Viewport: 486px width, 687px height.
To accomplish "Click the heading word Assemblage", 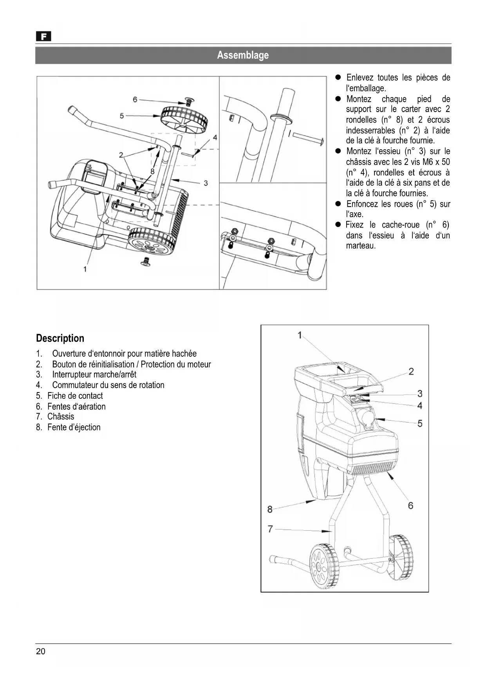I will coord(243,55).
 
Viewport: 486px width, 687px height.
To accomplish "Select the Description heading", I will coord(60,338).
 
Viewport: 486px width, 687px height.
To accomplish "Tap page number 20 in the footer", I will coord(41,651).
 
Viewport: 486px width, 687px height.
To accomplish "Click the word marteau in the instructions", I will coord(361,246).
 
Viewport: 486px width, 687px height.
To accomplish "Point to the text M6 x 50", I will coord(434,162).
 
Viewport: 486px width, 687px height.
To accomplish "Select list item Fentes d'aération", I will coord(76,406).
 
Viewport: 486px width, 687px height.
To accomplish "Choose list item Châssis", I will coord(61,416).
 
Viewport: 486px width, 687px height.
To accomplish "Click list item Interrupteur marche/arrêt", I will coord(94,374).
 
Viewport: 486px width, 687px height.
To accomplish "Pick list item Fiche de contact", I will coord(75,396).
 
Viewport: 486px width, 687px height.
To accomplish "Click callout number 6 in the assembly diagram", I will coord(135,99).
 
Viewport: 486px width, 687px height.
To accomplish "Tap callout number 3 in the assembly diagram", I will coord(206,183).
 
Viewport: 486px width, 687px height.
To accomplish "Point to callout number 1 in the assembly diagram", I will coord(85,269).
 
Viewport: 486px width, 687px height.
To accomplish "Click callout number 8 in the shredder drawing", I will coord(270,509).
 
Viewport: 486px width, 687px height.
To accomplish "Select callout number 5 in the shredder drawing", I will coord(420,423).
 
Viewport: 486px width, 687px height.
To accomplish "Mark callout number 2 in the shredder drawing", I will coord(411,371).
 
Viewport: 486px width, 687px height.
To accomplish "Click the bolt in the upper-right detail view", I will coord(307,138).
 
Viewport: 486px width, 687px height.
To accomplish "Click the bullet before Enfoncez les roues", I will coord(339,204).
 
